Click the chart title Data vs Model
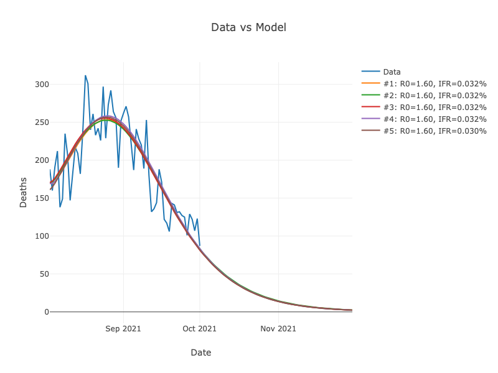248,27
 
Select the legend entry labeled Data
392,71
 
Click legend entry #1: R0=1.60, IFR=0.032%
435,83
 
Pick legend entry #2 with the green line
435,95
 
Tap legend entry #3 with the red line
435,107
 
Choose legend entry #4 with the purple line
435,119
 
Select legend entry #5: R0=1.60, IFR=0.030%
435,131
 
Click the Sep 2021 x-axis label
123,328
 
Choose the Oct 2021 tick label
200,328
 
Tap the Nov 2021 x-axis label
278,328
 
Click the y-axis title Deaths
24,192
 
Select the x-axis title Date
200,352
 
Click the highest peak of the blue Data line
85,76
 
